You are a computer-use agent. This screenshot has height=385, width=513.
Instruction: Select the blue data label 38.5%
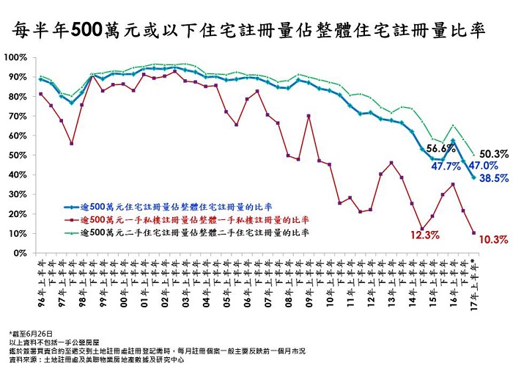click(492, 178)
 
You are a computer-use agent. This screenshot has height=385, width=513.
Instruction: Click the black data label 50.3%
click(492, 154)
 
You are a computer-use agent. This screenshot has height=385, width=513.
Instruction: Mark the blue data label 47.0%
click(484, 166)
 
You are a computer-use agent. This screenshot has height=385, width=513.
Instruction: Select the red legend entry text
click(194, 219)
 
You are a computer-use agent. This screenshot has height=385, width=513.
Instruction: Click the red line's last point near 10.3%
click(473, 232)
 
